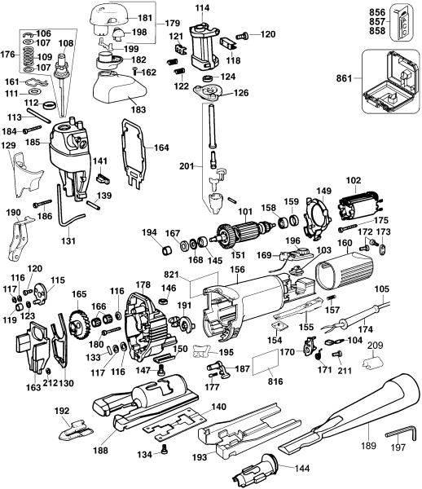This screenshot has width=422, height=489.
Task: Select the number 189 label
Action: (369, 447)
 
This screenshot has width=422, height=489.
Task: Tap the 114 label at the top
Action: (200, 9)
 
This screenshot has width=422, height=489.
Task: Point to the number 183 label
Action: (138, 108)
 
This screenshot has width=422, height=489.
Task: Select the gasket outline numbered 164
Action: (136, 149)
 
